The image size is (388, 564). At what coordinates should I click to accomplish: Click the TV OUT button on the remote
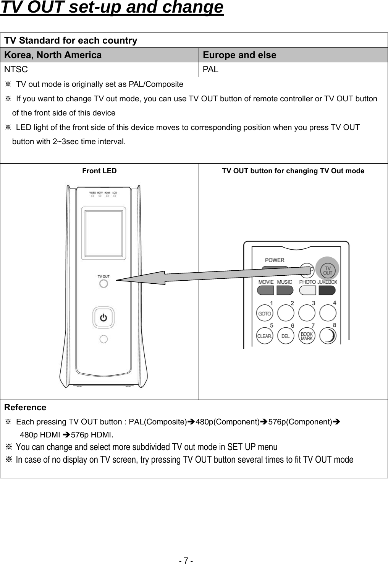pos(328,270)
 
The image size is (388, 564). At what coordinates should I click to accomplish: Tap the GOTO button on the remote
pos(264,314)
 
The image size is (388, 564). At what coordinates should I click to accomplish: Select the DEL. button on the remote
pos(286,336)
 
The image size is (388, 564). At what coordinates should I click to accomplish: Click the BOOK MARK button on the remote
pos(307,336)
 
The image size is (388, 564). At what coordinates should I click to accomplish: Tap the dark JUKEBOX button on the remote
pos(327,290)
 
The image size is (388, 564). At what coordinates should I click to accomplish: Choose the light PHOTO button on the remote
pos(307,290)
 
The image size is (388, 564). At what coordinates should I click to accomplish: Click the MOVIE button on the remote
pos(265,290)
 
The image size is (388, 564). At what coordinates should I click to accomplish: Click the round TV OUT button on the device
pos(103,284)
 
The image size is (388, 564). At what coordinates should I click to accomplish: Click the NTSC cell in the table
pos(16,70)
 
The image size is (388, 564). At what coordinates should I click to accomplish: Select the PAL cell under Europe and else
pos(210,70)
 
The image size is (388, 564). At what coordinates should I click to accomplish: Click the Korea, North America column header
pos(53,55)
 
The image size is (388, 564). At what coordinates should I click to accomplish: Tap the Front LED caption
pos(99,171)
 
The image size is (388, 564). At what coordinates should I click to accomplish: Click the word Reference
pos(25,408)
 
